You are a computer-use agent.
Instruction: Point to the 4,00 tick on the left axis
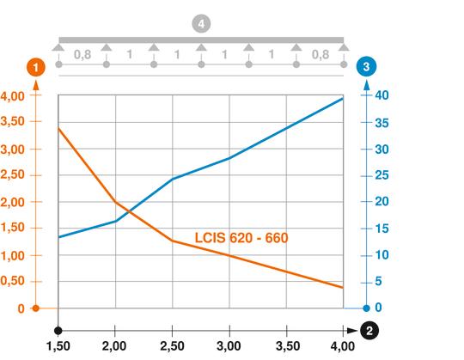[x=16, y=96]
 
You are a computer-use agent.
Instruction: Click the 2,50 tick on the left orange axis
[x=16, y=176]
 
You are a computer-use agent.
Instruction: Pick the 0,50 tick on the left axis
[x=16, y=282]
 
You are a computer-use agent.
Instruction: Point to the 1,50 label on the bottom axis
[x=58, y=347]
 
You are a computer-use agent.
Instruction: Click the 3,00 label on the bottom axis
[x=229, y=347]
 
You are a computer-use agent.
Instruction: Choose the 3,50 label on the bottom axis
[x=286, y=347]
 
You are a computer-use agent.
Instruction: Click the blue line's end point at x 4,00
[x=344, y=99]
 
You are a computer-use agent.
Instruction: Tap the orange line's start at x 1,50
[x=58, y=128]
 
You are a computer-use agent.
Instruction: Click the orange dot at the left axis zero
[x=35, y=308]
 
